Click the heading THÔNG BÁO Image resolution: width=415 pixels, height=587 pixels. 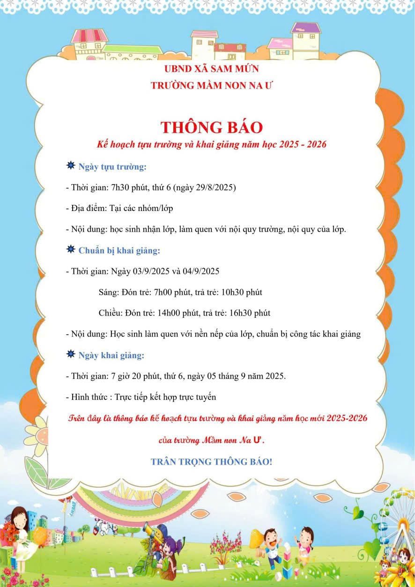point(212,127)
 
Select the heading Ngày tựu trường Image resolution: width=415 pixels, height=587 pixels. point(112,167)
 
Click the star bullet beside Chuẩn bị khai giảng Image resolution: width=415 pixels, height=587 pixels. point(71,249)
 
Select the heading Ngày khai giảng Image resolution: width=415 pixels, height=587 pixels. point(111,355)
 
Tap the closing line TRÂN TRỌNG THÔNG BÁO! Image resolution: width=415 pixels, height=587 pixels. point(211,461)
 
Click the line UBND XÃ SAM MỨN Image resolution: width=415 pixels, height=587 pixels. point(212,69)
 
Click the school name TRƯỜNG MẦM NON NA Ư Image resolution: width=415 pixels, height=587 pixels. point(212,86)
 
